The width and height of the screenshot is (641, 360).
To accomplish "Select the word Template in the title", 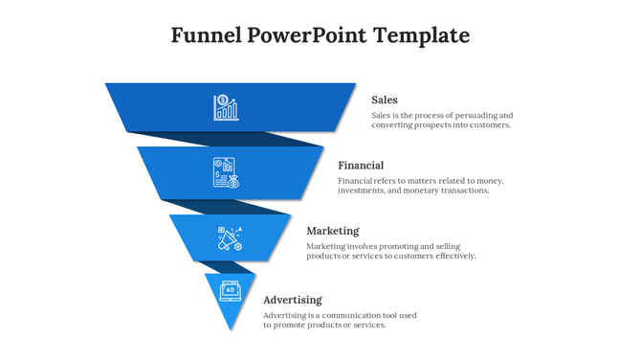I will click(x=422, y=36).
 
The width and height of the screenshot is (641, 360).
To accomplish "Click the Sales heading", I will click(x=385, y=100).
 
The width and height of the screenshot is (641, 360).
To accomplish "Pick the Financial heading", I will click(x=361, y=165).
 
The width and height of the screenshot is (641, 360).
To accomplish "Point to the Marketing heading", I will click(x=333, y=231).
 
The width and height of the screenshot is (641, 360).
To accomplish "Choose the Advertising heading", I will click(x=293, y=300).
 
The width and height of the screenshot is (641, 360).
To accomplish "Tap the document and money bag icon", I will click(x=226, y=172).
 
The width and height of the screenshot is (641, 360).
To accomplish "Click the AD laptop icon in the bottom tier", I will click(x=231, y=289).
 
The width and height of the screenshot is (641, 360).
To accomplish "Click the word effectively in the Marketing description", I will click(x=453, y=256).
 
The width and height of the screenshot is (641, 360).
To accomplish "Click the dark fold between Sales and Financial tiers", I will click(x=230, y=139).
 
